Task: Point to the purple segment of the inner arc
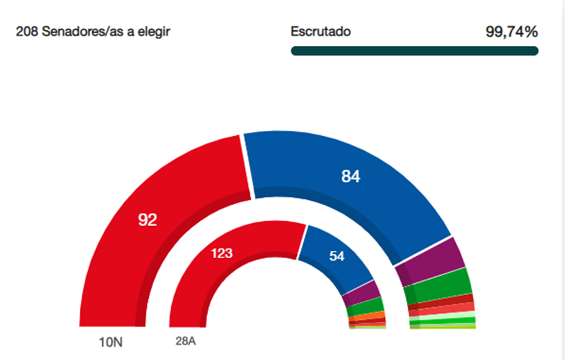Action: [363, 293]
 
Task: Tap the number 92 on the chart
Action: [147, 219]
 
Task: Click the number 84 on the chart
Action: [350, 177]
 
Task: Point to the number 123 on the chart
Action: [222, 253]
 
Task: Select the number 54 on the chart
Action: [337, 256]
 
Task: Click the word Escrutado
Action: [321, 31]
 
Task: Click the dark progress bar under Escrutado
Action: [414, 51]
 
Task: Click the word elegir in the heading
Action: [156, 31]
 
